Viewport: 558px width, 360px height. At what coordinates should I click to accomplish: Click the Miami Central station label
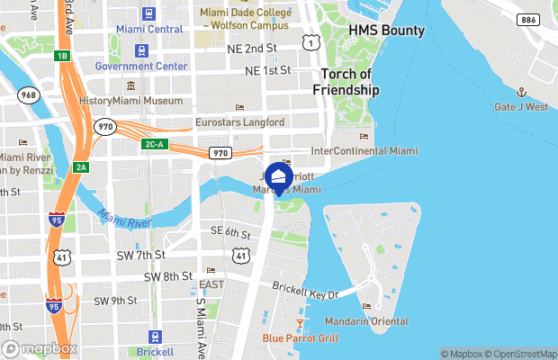point(149,30)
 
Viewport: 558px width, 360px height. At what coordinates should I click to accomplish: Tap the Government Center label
point(140,66)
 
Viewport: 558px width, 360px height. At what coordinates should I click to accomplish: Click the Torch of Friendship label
point(346,82)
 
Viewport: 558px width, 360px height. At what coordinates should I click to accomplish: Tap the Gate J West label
point(520,107)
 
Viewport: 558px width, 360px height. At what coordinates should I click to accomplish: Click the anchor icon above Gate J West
point(520,92)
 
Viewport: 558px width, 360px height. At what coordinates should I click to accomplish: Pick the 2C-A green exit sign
point(154,144)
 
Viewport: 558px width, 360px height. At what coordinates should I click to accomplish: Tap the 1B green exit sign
point(61,56)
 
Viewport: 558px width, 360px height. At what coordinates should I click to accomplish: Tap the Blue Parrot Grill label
point(301,338)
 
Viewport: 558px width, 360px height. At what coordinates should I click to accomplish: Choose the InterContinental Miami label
point(364,150)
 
